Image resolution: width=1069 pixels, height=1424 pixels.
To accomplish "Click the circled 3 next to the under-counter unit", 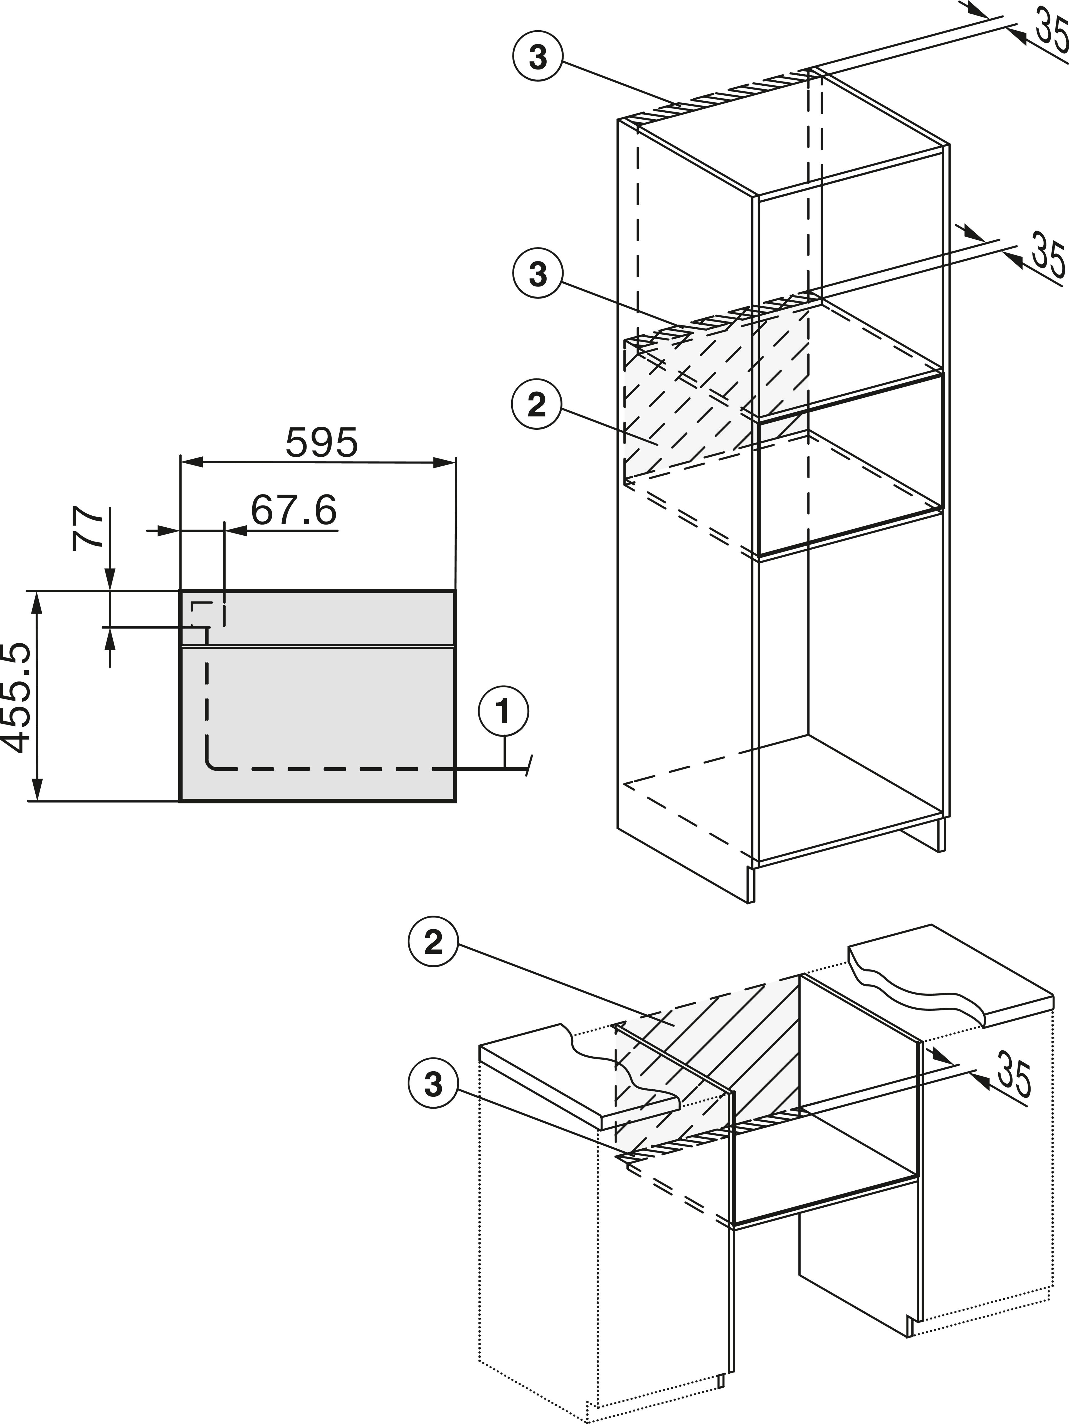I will tap(433, 1084).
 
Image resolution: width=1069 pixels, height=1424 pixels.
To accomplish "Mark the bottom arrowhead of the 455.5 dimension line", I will tap(37, 789).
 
